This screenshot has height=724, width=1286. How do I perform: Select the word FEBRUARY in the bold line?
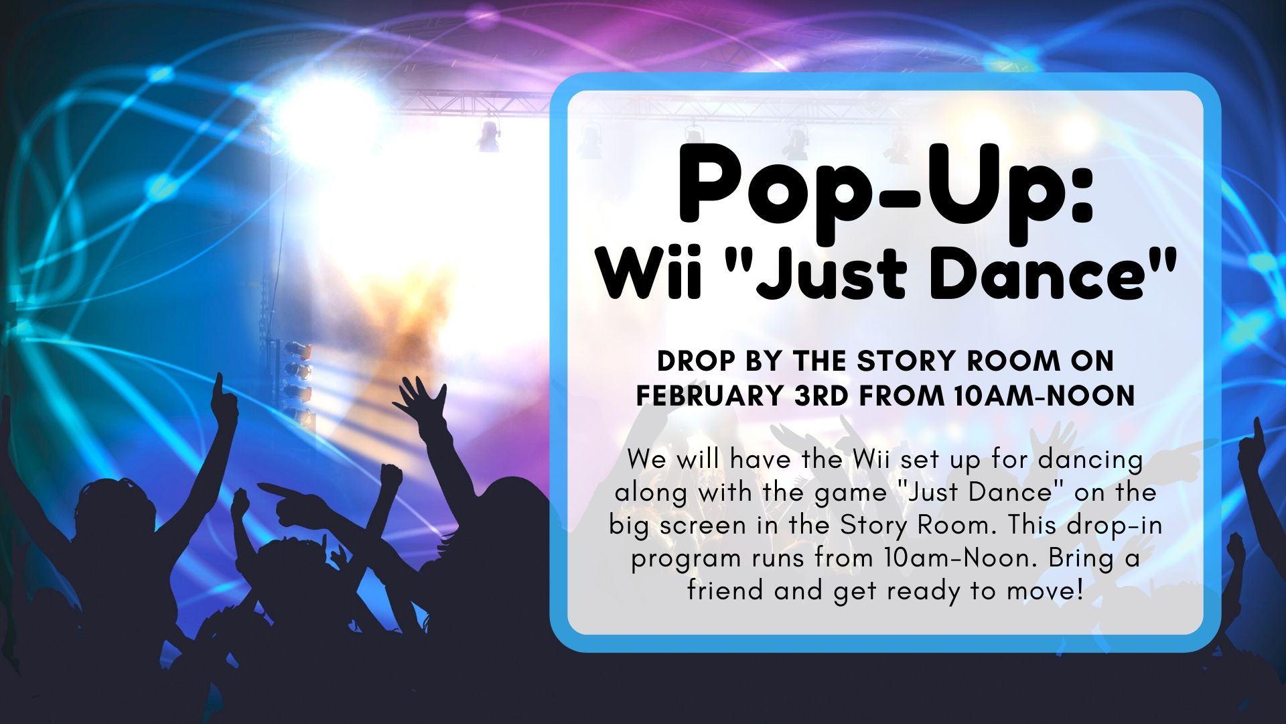[709, 396]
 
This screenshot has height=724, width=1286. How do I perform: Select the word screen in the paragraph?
[703, 526]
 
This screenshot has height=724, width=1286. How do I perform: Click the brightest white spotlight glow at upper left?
[328, 114]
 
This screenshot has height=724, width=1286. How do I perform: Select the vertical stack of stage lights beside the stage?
[297, 379]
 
